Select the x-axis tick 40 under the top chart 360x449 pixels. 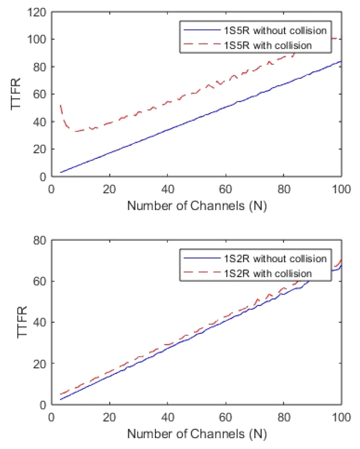167,189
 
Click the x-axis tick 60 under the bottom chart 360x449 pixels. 226,417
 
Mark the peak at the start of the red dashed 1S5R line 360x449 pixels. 61,105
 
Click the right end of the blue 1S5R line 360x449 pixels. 341,61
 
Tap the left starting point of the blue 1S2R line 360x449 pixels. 61,399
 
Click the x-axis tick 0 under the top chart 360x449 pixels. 52,189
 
